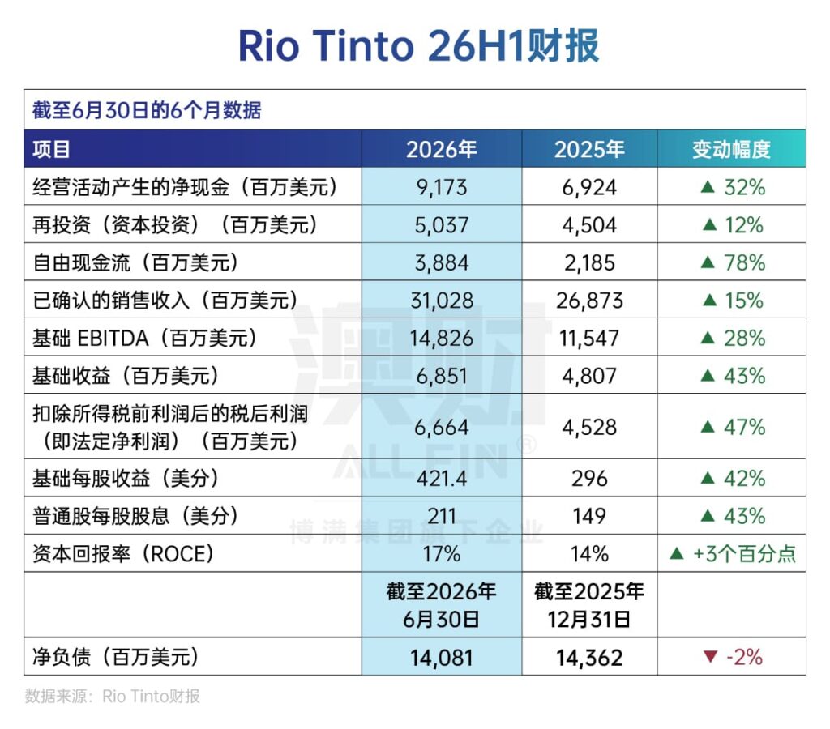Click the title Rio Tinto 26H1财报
tap(418, 45)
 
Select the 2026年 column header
tap(442, 149)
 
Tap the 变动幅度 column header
tap(731, 149)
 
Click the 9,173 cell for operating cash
tap(442, 187)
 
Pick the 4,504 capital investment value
tap(589, 225)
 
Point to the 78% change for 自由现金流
tap(744, 262)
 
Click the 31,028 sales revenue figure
tap(442, 301)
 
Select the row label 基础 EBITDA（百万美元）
tap(144, 338)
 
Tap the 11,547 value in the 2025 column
tap(589, 338)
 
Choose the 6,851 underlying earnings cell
tap(442, 376)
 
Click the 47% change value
tap(744, 427)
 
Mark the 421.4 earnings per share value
tap(442, 478)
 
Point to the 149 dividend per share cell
tap(589, 516)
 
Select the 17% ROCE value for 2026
tap(442, 554)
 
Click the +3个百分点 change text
tap(744, 554)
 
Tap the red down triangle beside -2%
tap(710, 657)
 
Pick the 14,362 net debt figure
tap(589, 658)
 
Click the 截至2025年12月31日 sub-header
tap(589, 605)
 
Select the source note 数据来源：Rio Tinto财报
tap(112, 697)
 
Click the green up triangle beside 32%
tap(708, 187)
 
